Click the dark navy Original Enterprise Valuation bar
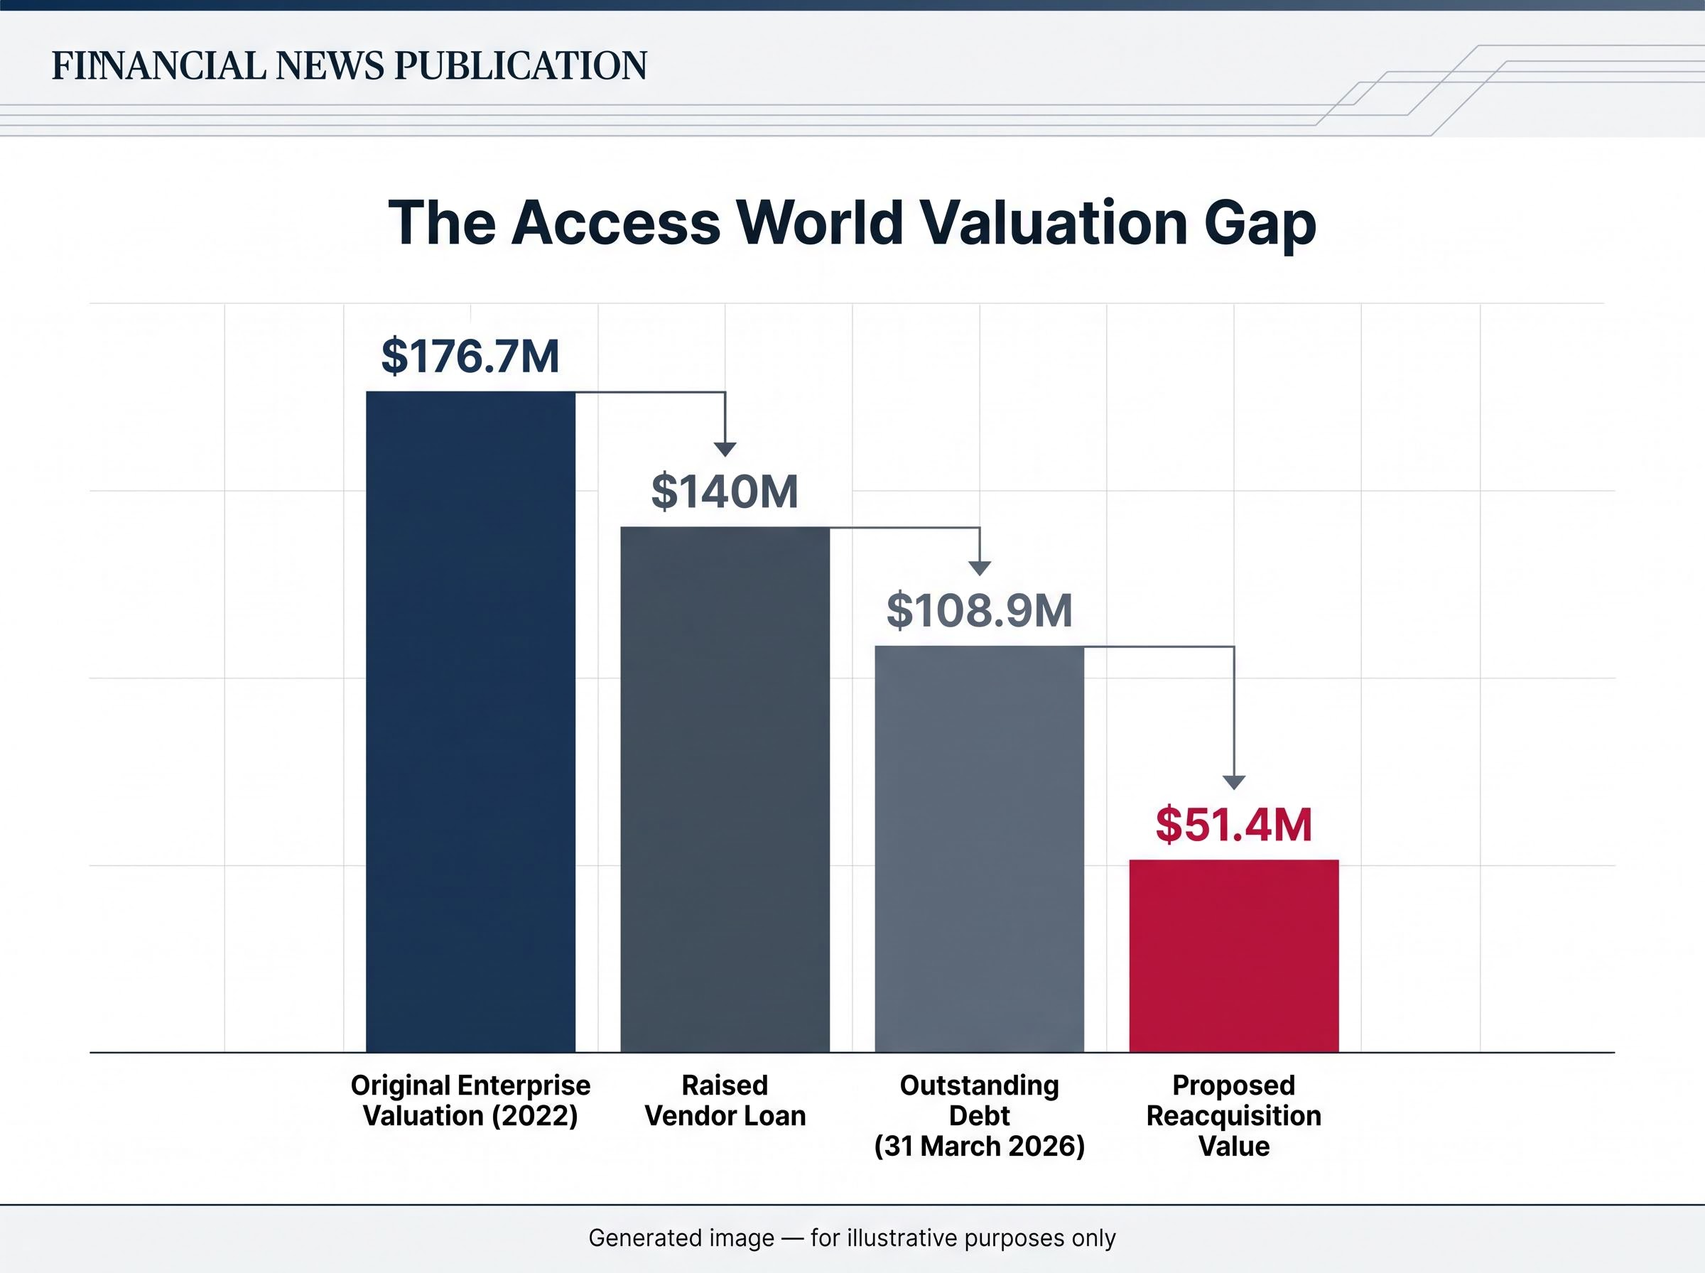tap(471, 721)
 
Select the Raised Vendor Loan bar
tap(725, 789)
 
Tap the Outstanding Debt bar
tap(979, 848)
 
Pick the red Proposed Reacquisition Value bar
tap(1234, 955)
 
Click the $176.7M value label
tap(471, 356)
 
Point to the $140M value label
tap(725, 492)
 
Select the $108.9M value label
tap(979, 610)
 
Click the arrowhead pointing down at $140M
tap(725, 450)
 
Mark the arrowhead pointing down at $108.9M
tap(979, 569)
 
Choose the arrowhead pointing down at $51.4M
tap(1234, 783)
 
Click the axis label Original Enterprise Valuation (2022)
tap(471, 1100)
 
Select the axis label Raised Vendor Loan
tap(725, 1100)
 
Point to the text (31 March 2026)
tap(979, 1146)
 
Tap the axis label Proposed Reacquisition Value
tap(1234, 1115)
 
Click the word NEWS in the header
tap(330, 65)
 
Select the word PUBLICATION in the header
tap(521, 65)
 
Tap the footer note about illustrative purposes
tap(852, 1238)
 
